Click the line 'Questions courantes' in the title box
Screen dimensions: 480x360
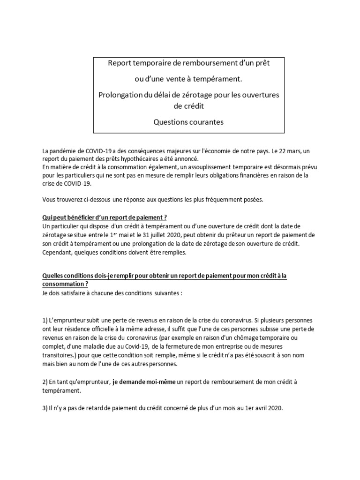189,122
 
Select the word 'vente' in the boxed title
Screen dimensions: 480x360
169,76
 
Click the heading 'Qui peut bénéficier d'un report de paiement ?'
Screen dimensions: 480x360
105,218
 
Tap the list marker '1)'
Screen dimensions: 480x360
45,321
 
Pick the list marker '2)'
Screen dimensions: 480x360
45,382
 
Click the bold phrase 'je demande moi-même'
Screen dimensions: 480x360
144,382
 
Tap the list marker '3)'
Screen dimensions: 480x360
45,408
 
